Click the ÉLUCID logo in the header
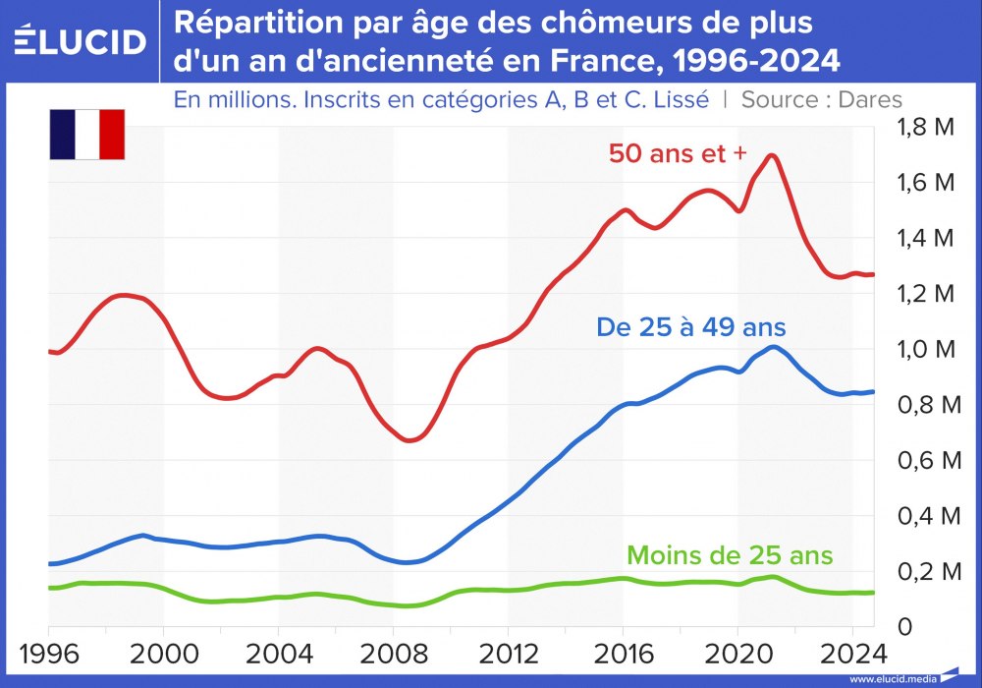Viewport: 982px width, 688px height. pyautogui.click(x=81, y=41)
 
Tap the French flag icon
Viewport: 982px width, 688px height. pyautogui.click(x=87, y=135)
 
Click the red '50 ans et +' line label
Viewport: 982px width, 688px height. pyautogui.click(x=678, y=153)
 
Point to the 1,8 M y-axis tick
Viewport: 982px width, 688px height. pyautogui.click(x=927, y=127)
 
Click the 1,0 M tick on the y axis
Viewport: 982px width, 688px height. pyautogui.click(x=927, y=349)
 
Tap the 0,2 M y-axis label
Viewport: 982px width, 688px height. pyautogui.click(x=927, y=571)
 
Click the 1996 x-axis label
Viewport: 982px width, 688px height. pyautogui.click(x=48, y=653)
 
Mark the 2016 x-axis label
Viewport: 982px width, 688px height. pyautogui.click(x=623, y=653)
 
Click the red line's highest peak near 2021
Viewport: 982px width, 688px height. pyautogui.click(x=772, y=155)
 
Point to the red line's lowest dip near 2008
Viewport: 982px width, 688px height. pyautogui.click(x=410, y=439)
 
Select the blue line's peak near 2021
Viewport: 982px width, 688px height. pyautogui.click(x=774, y=347)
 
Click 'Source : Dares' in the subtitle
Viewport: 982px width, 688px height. pyautogui.click(x=821, y=98)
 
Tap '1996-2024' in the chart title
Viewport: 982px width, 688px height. pyautogui.click(x=745, y=61)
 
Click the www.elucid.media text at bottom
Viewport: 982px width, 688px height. pyautogui.click(x=892, y=678)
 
